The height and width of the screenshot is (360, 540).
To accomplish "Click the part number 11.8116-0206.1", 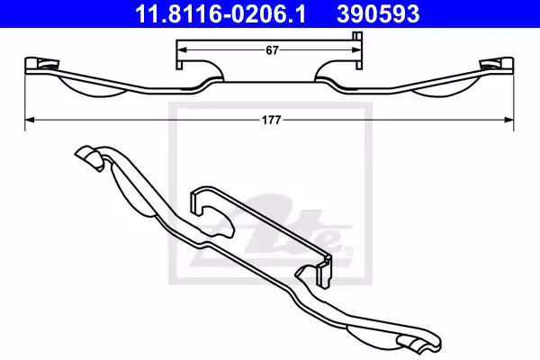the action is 220,13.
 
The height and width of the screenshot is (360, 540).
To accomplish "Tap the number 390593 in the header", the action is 378,13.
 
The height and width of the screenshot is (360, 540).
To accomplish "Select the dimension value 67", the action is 272,50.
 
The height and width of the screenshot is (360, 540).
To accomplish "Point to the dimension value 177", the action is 272,121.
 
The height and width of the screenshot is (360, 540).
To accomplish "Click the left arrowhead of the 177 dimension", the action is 30,120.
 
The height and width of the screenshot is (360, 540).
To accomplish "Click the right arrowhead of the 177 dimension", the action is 509,120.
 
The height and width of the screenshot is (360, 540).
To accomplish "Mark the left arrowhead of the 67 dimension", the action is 181,50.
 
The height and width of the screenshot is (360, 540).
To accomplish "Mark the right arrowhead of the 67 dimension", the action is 356,50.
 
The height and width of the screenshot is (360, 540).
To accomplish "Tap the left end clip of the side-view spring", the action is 41,65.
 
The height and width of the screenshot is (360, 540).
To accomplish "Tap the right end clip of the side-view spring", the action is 497,65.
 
